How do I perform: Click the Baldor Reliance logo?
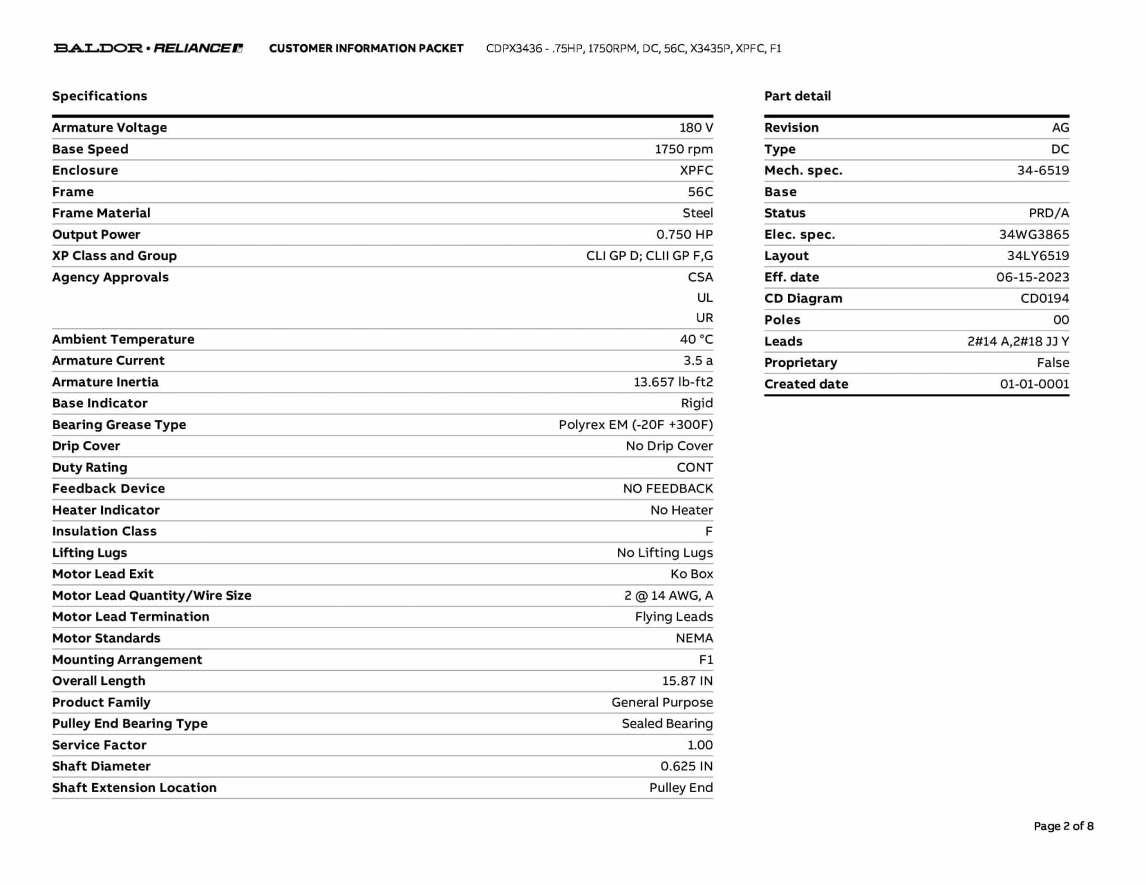coord(148,48)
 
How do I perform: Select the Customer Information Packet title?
coord(366,49)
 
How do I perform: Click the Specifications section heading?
coord(100,96)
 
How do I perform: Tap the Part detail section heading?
coord(797,96)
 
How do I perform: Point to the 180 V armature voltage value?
coord(696,128)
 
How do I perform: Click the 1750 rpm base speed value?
coord(684,149)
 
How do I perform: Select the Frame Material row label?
coord(101,213)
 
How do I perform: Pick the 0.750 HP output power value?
coord(684,234)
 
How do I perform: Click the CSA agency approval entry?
coord(700,277)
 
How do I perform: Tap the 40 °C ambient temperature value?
coord(696,340)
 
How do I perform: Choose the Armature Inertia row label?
coord(105,382)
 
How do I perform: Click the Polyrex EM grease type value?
coord(636,425)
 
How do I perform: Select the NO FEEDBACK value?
coord(668,489)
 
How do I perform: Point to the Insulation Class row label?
coord(104,531)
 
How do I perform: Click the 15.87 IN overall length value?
coord(687,681)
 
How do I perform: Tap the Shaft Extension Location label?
coord(134,788)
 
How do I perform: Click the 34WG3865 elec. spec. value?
coord(1034,234)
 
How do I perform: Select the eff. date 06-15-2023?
coord(1032,277)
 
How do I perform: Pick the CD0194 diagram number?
coord(1044,299)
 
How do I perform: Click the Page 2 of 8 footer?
coord(1063,826)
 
